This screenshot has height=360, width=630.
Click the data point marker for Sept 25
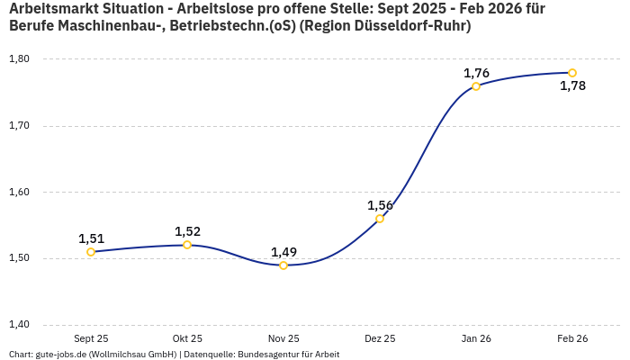(x=91, y=252)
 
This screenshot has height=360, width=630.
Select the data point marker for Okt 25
(x=187, y=245)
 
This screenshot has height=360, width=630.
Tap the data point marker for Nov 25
(x=283, y=265)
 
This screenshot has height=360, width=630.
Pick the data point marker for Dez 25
(x=380, y=219)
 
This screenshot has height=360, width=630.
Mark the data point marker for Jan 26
(x=476, y=86)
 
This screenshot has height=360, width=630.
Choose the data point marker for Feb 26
(x=572, y=73)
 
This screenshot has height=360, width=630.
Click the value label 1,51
(x=91, y=238)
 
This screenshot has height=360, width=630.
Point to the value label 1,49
(x=283, y=252)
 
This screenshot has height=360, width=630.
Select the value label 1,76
(x=476, y=73)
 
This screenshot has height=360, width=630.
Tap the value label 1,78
(x=572, y=86)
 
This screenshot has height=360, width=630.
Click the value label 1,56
(x=380, y=205)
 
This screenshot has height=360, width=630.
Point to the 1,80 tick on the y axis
(x=19, y=59)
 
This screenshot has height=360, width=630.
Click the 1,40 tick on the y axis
(x=19, y=325)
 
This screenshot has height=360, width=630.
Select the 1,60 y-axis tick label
(x=19, y=192)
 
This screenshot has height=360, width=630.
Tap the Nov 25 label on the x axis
(x=283, y=338)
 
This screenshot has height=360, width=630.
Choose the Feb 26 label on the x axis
(x=572, y=338)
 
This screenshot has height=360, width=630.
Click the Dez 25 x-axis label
(x=380, y=338)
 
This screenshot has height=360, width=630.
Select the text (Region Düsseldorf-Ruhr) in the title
(x=386, y=26)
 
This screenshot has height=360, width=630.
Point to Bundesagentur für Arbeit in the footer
(x=288, y=354)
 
